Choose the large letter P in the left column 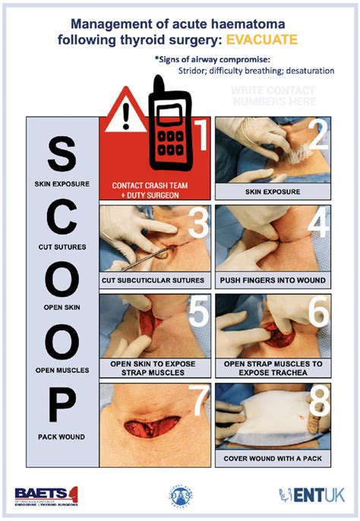coord(62,407)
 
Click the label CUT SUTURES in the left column coord(62,248)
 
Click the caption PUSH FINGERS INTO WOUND coord(272,280)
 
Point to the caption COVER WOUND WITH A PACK coord(272,459)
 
